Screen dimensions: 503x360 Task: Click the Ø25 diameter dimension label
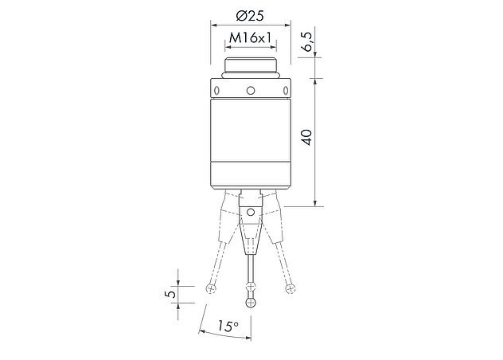[250, 16]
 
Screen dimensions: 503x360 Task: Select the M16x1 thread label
[250, 38]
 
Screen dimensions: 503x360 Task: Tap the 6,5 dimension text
[308, 41]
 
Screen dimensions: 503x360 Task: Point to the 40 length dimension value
[307, 137]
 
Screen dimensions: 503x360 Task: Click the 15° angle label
[228, 326]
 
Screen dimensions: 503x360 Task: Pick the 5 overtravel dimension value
[172, 294]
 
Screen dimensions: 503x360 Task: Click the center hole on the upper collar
[251, 91]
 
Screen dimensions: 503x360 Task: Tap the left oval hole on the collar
[216, 91]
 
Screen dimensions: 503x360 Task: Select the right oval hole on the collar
[285, 91]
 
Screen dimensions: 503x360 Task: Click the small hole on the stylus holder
[251, 212]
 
